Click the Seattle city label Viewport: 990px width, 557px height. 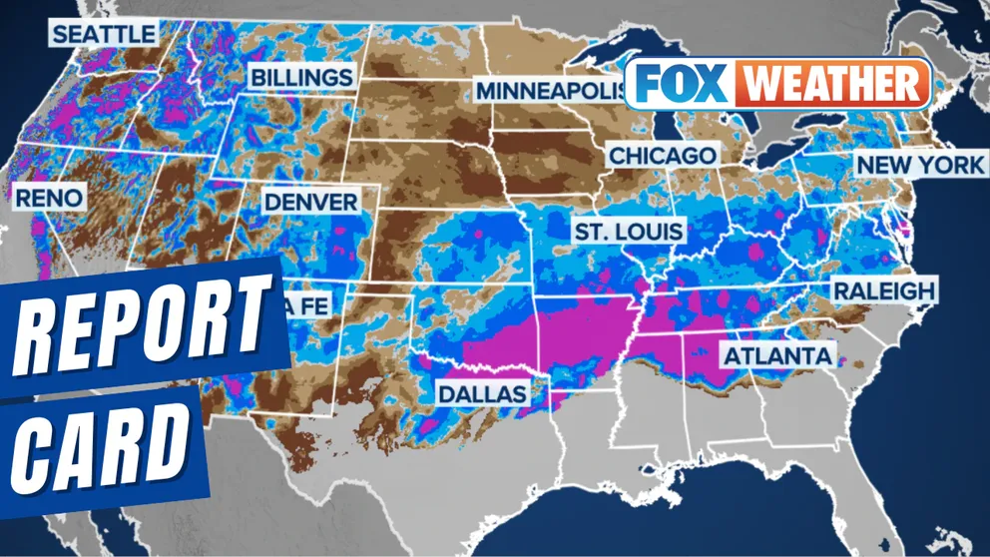pos(104,34)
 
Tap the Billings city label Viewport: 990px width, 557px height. pos(300,77)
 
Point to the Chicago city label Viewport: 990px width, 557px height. pos(662,156)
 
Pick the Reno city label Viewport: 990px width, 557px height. pos(48,198)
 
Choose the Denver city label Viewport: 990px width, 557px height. pos(310,202)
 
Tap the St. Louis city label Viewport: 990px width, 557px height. pos(628,232)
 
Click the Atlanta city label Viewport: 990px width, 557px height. pos(776,355)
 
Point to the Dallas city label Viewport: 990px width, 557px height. pos(482,393)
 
